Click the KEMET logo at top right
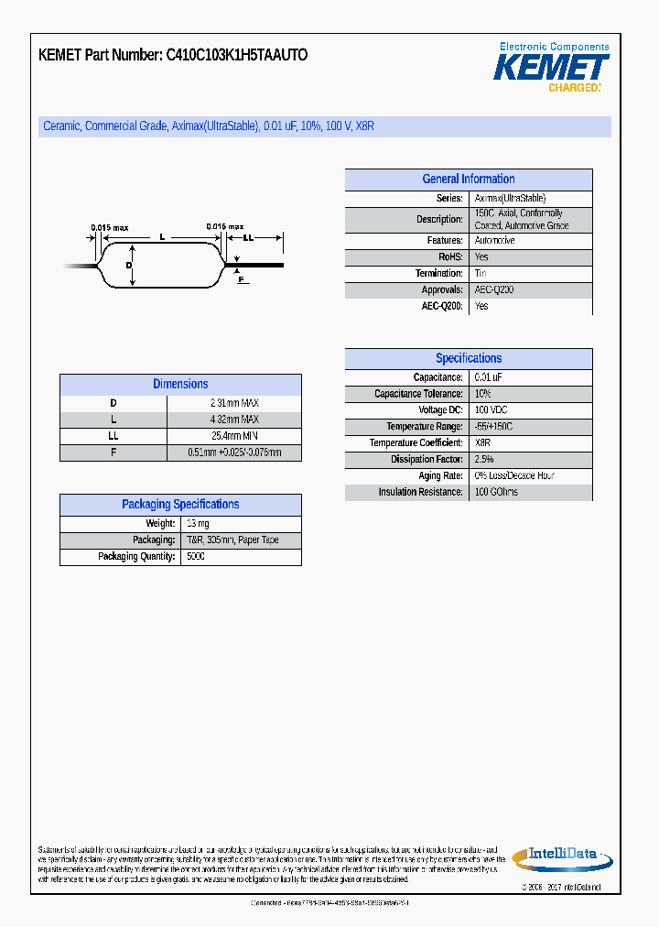tap(551, 67)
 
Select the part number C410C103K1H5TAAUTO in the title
tap(236, 55)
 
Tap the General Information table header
tap(468, 180)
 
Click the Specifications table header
tap(468, 358)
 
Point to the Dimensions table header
tap(180, 384)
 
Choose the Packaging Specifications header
tap(180, 504)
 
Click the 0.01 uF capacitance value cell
tap(488, 377)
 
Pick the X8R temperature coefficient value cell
tap(483, 442)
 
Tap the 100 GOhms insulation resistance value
tap(496, 492)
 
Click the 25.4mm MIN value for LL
tap(234, 436)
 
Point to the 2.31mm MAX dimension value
tap(234, 403)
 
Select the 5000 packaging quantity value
tap(196, 556)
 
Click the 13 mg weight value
tap(197, 523)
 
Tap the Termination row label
tap(439, 273)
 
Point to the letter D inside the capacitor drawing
tap(129, 265)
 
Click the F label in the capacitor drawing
tap(242, 279)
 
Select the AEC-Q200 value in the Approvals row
tap(494, 289)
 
